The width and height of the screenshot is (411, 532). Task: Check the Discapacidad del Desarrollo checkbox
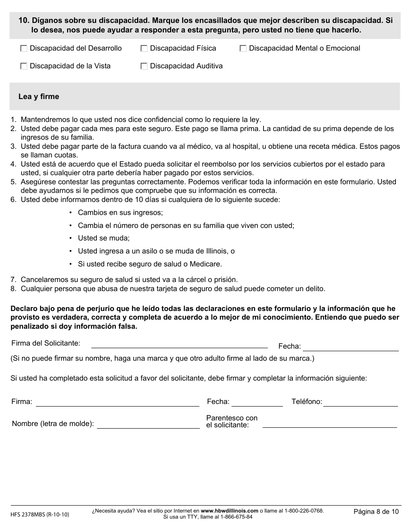[24, 49]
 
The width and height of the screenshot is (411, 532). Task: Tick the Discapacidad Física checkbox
[144, 49]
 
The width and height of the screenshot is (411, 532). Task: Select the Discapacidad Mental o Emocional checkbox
[243, 49]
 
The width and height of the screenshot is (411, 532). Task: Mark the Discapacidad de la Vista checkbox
[24, 67]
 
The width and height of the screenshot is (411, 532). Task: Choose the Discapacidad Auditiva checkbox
[144, 67]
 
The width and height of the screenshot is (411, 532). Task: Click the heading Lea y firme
[39, 96]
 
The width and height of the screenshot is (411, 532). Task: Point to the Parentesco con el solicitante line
[330, 425]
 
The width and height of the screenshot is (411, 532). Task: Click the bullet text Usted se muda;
[103, 238]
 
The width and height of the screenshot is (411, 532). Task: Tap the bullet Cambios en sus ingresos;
[120, 213]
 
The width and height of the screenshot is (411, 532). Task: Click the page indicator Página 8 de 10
[376, 512]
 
